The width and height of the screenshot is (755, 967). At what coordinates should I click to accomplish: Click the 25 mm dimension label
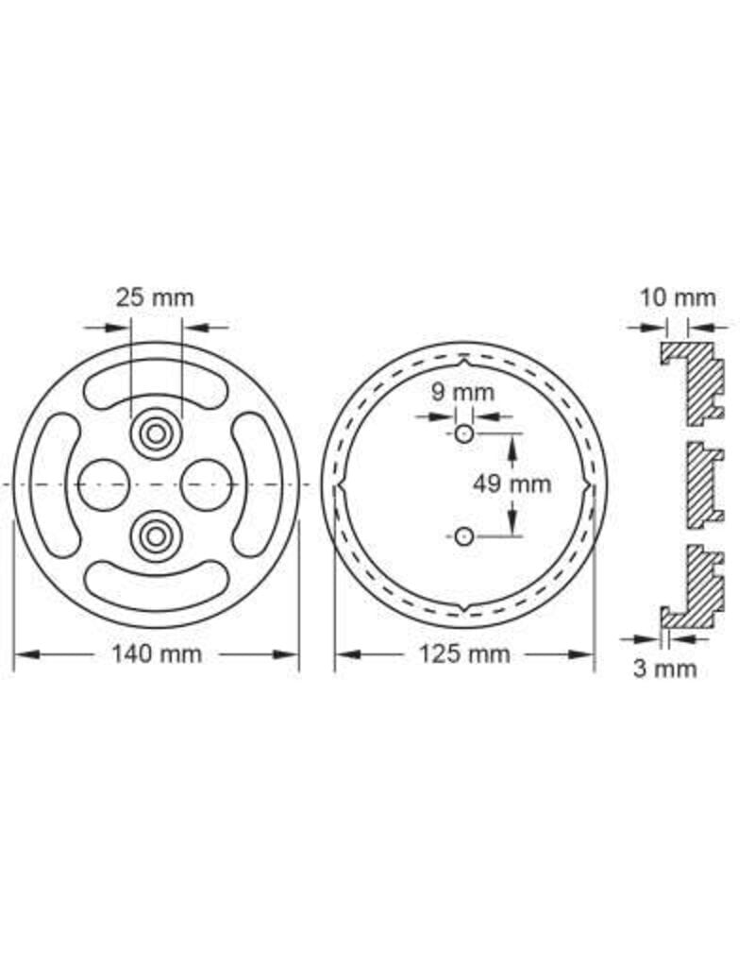[x=155, y=298]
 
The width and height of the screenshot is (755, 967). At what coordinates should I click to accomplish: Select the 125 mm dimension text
[x=463, y=654]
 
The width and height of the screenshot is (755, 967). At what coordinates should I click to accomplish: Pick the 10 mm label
[x=678, y=298]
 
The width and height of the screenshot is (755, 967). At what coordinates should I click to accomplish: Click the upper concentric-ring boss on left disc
[x=155, y=434]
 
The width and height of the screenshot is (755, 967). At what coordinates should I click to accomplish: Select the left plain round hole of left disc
[x=103, y=484]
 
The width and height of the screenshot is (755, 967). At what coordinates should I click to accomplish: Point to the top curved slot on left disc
[x=155, y=385]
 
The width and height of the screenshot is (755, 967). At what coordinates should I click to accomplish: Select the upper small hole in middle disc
[x=462, y=433]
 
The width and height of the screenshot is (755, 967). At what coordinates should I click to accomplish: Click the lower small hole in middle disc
[x=462, y=536]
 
